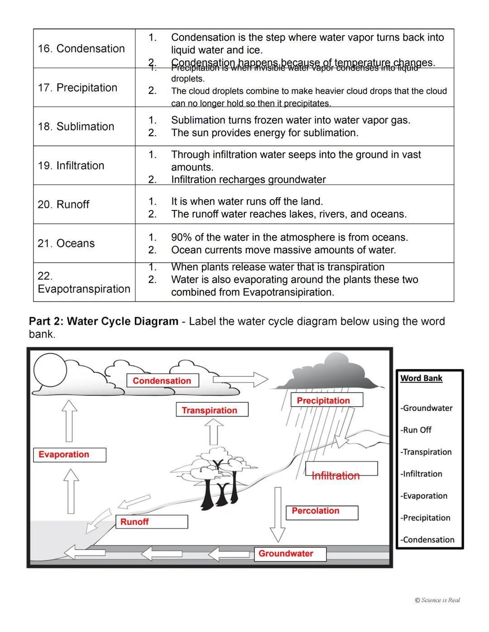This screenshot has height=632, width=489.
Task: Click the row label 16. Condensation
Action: [81, 48]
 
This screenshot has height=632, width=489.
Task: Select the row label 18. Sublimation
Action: [76, 126]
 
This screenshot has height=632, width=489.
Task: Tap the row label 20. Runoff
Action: [63, 204]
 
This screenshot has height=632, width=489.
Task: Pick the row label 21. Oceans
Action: [66, 243]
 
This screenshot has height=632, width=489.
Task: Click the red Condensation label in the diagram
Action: [162, 381]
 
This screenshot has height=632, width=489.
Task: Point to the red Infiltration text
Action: [336, 475]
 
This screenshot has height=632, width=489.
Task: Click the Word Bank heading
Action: [421, 378]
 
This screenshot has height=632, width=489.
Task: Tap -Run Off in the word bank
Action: [416, 430]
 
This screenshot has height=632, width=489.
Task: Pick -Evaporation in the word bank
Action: [424, 496]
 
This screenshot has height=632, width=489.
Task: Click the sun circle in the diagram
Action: [50, 370]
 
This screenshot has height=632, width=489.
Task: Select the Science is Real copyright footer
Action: [437, 600]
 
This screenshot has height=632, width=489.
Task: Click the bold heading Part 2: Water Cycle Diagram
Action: [104, 321]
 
